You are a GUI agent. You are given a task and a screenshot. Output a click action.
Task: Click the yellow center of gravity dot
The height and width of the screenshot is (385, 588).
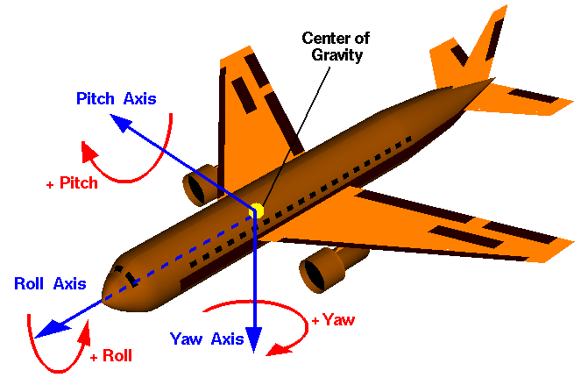256,210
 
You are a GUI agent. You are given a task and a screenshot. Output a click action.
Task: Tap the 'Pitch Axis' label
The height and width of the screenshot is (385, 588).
117,98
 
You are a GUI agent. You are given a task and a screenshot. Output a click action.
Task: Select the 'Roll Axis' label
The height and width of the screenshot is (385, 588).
50,283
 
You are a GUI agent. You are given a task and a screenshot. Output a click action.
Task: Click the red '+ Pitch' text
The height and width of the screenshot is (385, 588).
72,183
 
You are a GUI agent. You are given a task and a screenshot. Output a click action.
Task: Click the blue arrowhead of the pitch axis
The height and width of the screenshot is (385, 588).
121,124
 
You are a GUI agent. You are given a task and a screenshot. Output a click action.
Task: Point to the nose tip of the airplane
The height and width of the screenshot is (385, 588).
107,289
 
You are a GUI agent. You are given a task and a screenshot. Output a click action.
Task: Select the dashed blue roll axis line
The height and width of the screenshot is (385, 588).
175,254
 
